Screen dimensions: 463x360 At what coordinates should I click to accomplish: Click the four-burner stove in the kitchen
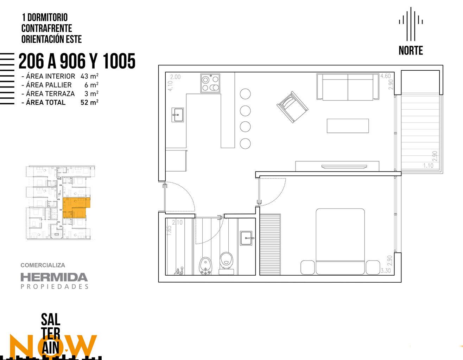coord(210,83)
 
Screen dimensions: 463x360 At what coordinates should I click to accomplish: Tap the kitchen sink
coord(178,115)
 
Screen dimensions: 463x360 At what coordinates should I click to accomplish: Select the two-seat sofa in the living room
coord(348,87)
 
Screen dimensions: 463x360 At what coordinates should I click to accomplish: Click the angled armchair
coord(292,107)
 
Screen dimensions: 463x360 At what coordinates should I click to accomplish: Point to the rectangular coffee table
coord(348,126)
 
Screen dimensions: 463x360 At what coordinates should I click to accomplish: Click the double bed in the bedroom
coord(340,242)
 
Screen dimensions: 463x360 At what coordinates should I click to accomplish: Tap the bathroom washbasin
coord(247,238)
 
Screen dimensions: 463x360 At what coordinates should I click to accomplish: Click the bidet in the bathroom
coord(205,266)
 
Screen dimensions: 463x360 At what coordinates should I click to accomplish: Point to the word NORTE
coord(411,51)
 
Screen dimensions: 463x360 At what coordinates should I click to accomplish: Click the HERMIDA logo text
coord(54,277)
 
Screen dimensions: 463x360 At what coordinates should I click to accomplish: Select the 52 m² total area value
coord(89,102)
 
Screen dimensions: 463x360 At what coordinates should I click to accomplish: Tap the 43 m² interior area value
coord(89,76)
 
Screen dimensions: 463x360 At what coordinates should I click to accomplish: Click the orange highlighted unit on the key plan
coord(76,207)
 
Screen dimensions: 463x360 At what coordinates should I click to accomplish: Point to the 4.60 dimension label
coord(386,76)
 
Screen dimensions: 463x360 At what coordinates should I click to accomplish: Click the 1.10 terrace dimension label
coord(428,166)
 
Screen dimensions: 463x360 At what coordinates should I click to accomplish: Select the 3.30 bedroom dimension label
coord(386,271)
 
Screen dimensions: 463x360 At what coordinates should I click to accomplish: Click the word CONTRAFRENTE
coord(47,28)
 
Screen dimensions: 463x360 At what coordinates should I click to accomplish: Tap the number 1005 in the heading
coord(119,61)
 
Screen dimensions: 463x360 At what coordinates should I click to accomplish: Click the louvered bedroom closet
coord(270,244)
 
